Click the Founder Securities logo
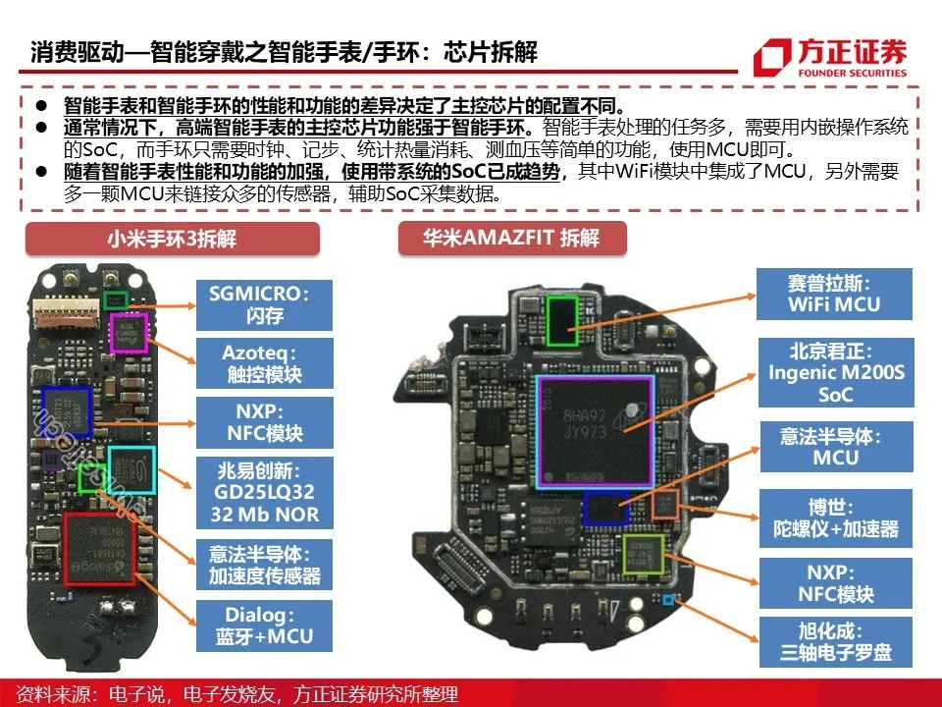[830, 58]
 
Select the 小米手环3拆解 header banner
[173, 239]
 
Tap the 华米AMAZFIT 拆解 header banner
[512, 238]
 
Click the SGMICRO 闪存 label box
[264, 304]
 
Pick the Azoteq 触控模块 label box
[264, 363]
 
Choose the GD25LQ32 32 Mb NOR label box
[264, 492]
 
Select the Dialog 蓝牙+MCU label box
[264, 625]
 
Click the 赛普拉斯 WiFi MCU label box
[834, 294]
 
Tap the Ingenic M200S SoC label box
[836, 373]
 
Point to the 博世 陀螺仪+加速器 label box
[836, 518]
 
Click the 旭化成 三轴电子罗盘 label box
[836, 641]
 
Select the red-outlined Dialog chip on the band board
[99, 549]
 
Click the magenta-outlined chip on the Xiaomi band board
[128, 333]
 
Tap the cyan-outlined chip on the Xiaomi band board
[131, 470]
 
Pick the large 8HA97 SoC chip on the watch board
[595, 432]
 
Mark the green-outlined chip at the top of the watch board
[562, 321]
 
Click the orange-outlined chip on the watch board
[665, 504]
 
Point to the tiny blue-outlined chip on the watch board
[667, 599]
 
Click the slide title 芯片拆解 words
[491, 52]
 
